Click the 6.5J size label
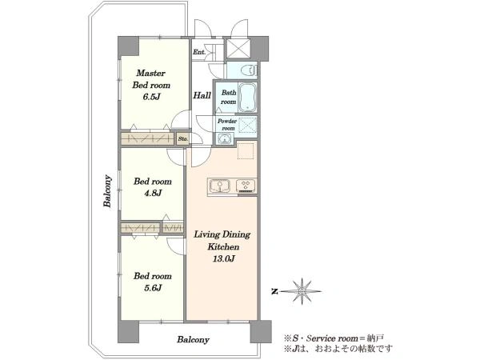[x=151, y=97]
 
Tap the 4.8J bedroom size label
[x=153, y=193]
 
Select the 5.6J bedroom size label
[x=153, y=288]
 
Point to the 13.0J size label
[x=223, y=259]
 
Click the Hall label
[x=202, y=95]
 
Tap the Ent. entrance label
[x=199, y=52]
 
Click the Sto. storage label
[x=182, y=139]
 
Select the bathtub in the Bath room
[x=248, y=98]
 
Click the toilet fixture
[x=249, y=70]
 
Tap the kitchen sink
[x=219, y=186]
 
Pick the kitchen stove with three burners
[x=246, y=186]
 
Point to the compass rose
[x=302, y=291]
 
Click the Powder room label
[x=227, y=125]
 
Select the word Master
[x=151, y=73]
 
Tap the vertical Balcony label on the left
[x=107, y=191]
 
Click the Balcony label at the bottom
[x=193, y=339]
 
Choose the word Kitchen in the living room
[x=223, y=246]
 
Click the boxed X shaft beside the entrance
[x=238, y=48]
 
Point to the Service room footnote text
[x=334, y=338]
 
